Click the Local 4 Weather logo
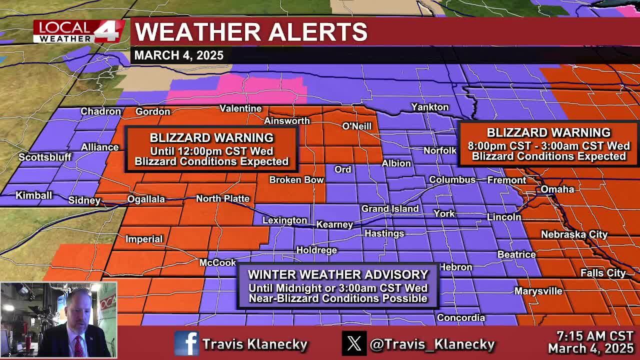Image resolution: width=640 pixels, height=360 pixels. pos(78,31)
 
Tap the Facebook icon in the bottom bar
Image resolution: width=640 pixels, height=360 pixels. pos(186,344)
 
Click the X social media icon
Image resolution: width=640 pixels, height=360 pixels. pos(354,344)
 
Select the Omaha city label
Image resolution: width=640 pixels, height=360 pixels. pos(557,189)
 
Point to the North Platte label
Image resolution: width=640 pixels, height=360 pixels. pos(222,198)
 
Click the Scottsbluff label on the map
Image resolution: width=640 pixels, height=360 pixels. pos(45,157)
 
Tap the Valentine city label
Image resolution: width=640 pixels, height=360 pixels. pos(240,108)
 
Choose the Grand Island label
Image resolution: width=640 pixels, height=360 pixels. pos(390,208)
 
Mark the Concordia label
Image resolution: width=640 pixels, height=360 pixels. pos(461,317)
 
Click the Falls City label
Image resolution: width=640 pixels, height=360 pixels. pos(602,273)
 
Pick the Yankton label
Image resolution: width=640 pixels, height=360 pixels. pos(429,107)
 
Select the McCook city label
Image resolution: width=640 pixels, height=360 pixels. pos(217,262)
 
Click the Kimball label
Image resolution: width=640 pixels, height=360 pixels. pos(33,195)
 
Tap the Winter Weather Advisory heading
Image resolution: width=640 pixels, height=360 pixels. pos(338,274)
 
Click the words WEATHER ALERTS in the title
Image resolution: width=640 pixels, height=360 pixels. pos(251,32)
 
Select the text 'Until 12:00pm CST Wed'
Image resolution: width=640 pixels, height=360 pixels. pos(211,151)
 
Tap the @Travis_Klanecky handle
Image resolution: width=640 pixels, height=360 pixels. pos(432,344)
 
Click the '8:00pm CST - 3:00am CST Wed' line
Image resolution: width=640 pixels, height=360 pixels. pos(548,146)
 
